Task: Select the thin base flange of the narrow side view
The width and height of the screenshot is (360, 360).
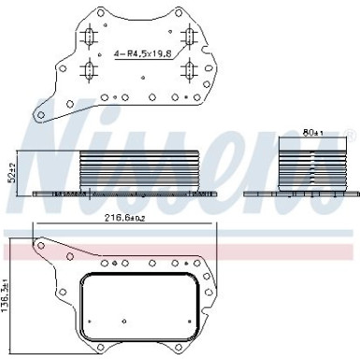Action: click(301, 193)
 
